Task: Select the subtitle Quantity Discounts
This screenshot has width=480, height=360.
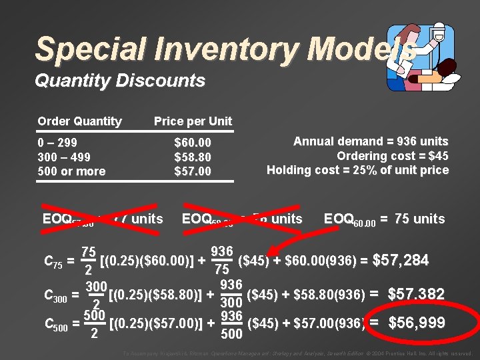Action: [x=119, y=81]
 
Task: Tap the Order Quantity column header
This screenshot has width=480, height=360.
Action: [x=79, y=121]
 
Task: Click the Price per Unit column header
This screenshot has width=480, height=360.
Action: [x=193, y=121]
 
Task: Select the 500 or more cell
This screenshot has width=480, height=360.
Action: [x=71, y=171]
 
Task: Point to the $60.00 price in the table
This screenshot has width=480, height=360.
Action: [x=192, y=143]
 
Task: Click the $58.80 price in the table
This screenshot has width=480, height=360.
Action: [x=192, y=157]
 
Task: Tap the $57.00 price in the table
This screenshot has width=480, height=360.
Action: [x=192, y=171]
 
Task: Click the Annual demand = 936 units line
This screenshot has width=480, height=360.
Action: [x=371, y=141]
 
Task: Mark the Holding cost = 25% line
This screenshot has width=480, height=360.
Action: [x=357, y=170]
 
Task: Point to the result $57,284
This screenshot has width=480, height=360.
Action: [x=400, y=260]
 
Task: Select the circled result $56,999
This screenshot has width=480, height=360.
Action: [x=417, y=323]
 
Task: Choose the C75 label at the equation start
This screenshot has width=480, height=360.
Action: [x=53, y=264]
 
